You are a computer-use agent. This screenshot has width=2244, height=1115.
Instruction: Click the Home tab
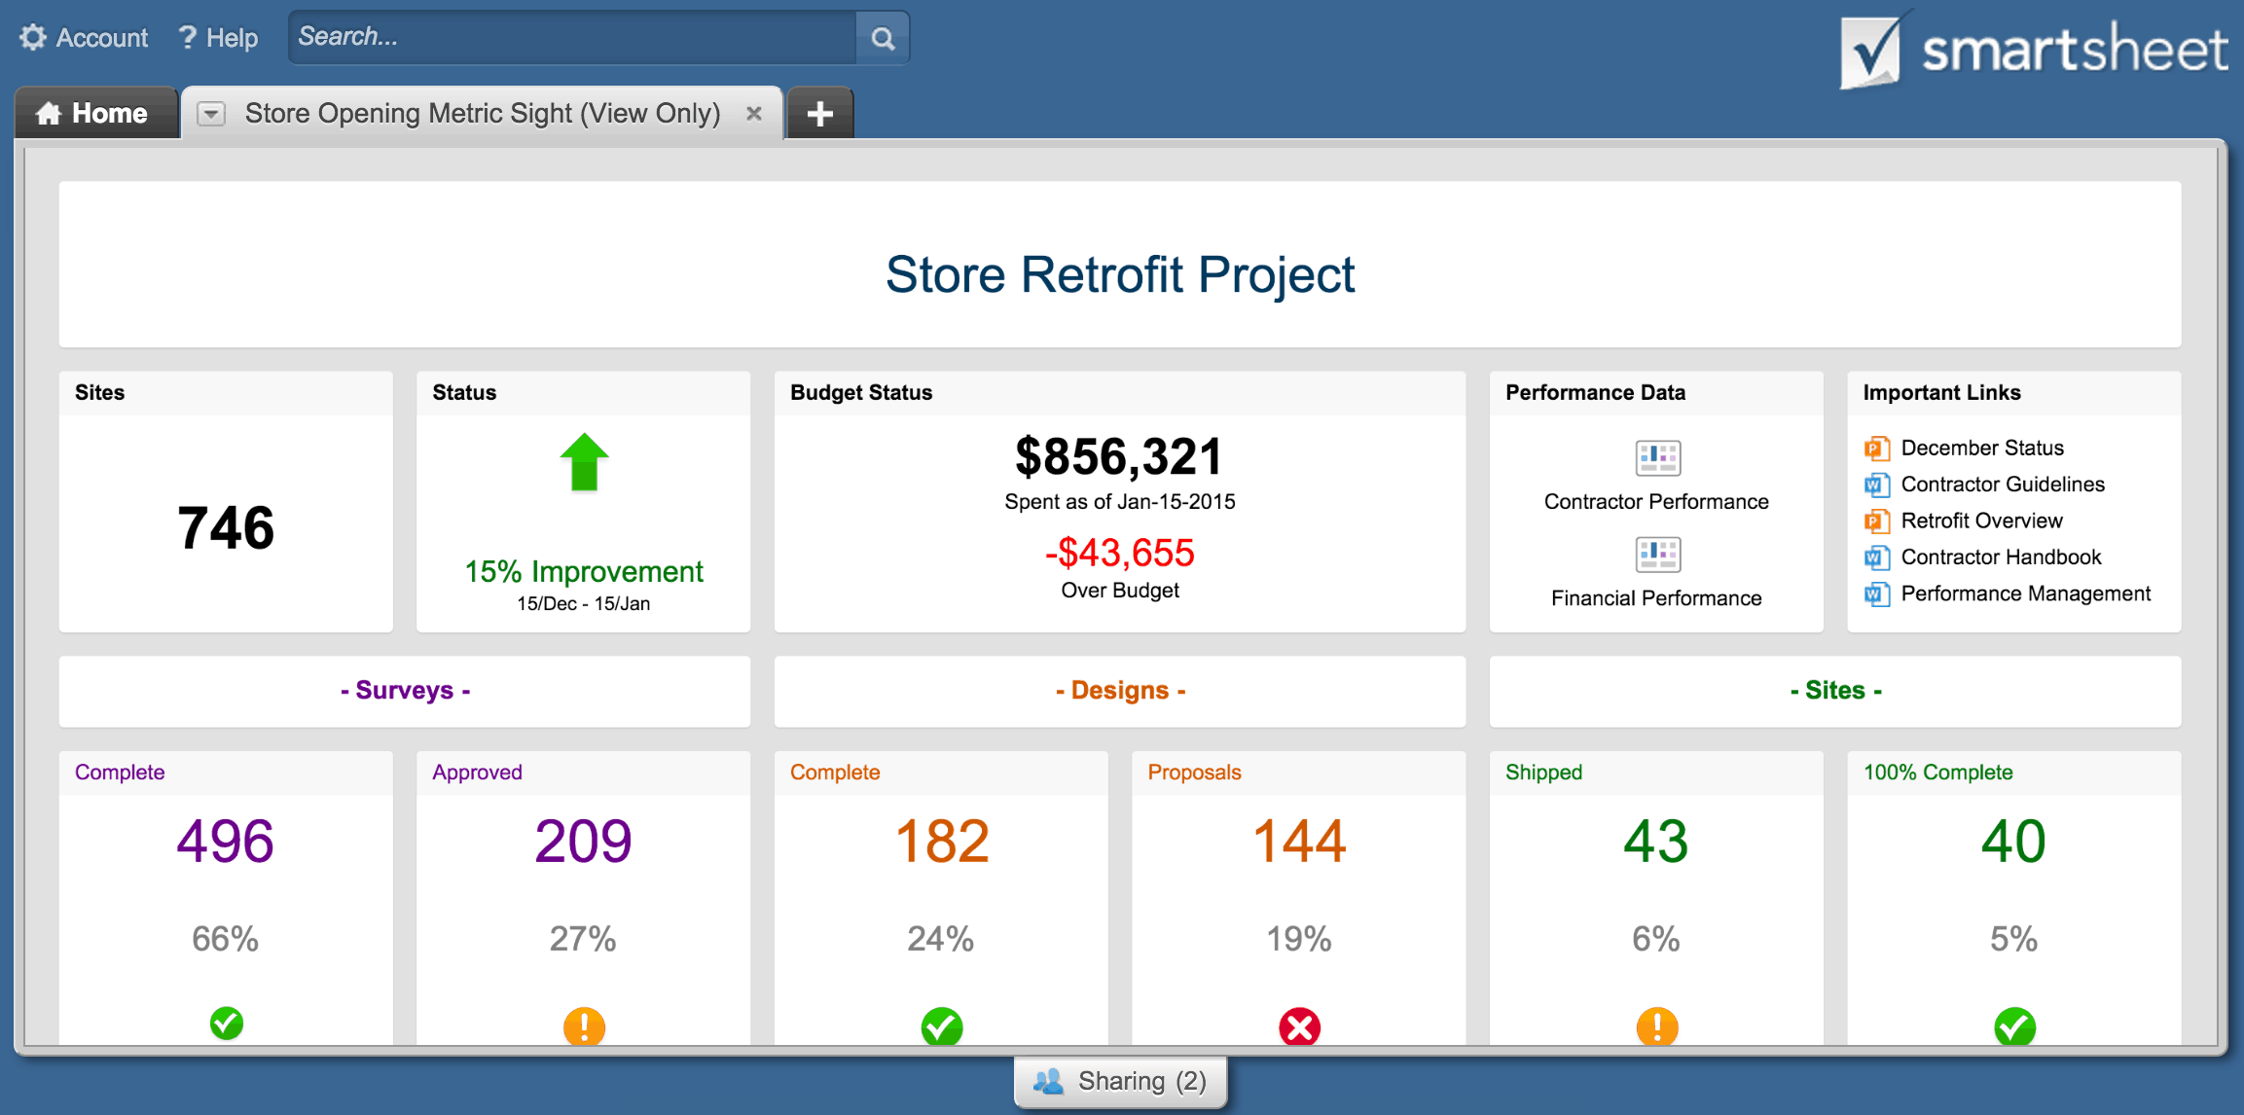93,114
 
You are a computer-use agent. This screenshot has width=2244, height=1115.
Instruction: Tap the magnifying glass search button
883,38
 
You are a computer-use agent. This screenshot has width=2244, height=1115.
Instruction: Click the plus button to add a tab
819,114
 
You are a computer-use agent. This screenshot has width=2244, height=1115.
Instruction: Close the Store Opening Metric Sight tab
753,114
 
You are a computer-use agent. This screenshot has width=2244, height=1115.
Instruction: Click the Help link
219,38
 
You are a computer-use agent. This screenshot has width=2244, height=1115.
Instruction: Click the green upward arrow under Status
584,462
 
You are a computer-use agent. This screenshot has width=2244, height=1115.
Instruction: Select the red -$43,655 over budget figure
1119,553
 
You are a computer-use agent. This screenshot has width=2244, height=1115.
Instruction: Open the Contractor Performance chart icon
1657,457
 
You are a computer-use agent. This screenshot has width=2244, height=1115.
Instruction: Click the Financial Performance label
1656,598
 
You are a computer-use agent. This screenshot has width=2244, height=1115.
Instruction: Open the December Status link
1981,448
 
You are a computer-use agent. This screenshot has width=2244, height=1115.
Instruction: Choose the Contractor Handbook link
2001,557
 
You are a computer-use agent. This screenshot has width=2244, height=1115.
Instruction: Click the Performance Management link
2025,593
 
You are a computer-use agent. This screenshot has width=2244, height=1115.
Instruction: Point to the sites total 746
226,528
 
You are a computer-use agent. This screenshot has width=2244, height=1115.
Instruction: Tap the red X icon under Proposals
1299,1025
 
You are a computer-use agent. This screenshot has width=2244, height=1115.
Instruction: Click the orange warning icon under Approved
584,1025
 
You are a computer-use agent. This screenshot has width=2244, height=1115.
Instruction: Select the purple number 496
226,842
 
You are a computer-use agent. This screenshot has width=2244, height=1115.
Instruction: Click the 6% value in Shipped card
1656,939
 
